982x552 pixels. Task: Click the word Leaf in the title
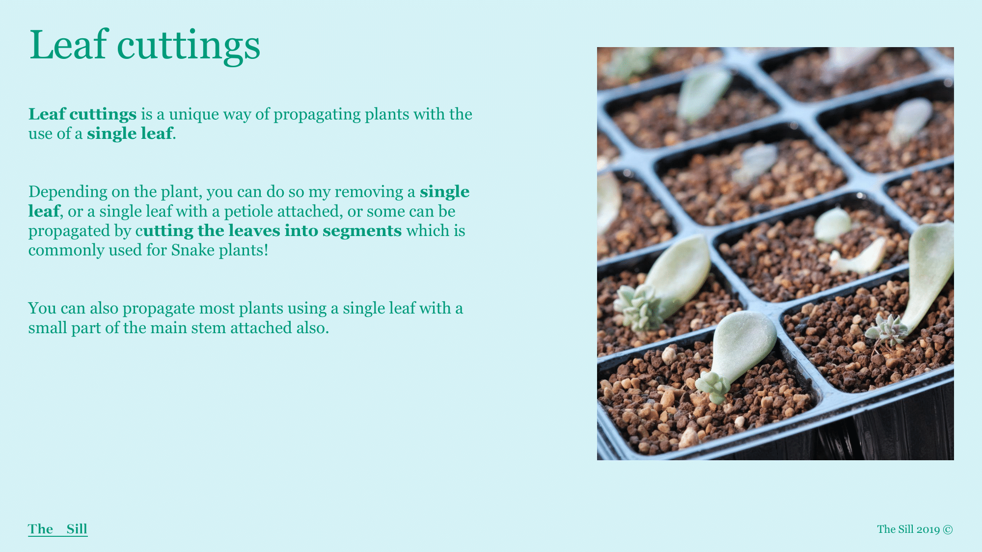69,45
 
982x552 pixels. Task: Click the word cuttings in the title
189,48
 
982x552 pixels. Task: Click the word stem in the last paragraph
212,328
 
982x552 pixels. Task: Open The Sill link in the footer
58,529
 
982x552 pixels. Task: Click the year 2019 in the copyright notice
928,529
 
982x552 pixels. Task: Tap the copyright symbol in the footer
948,529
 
